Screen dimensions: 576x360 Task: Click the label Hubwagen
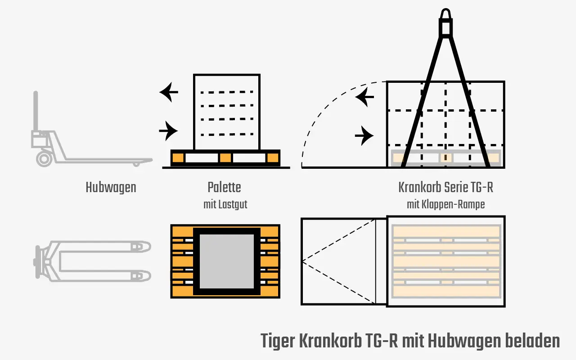[111, 188]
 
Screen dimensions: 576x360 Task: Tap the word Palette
[224, 187]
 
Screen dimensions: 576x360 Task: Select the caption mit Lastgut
[225, 205]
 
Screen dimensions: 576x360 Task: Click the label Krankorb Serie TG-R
[445, 187]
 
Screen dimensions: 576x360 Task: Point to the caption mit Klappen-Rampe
[445, 205]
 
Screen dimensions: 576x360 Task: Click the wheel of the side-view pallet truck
[45, 159]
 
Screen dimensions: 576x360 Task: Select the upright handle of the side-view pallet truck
[36, 111]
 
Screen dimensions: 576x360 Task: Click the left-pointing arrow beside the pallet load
[169, 92]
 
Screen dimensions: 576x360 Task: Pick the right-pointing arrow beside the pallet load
[168, 131]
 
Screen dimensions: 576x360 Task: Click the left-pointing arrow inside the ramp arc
[364, 97]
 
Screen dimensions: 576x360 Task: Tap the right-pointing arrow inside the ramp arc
[364, 135]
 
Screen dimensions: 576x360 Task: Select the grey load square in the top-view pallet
[226, 261]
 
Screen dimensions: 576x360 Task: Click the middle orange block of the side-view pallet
[225, 158]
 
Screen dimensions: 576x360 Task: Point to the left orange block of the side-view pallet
[178, 158]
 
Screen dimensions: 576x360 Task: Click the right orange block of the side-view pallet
[273, 158]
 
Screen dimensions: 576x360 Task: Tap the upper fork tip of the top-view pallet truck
[149, 247]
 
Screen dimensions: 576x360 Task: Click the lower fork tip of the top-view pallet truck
[149, 276]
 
